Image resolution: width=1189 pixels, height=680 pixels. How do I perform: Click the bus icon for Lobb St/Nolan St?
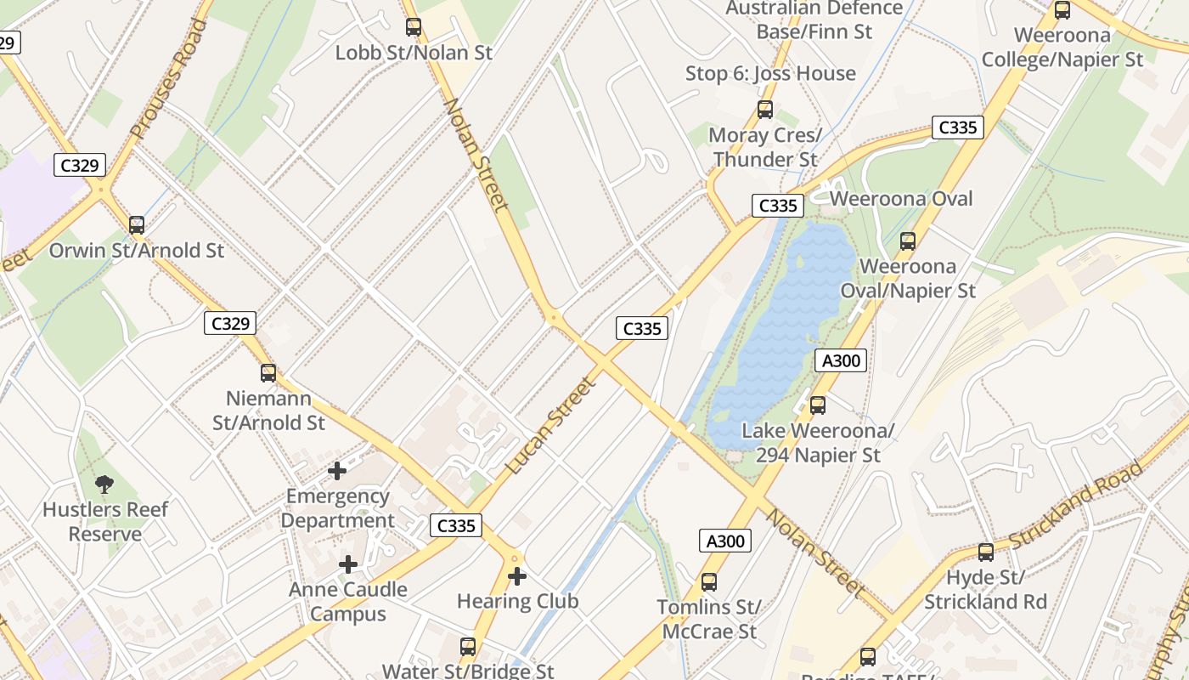pos(414,27)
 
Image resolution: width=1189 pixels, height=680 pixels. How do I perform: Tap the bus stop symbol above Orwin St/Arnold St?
pos(137,225)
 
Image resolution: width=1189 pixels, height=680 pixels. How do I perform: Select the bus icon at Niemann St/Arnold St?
pos(268,373)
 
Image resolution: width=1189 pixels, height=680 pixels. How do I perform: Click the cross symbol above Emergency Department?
pos(337,470)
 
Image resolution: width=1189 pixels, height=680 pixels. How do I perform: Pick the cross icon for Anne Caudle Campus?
pos(348,564)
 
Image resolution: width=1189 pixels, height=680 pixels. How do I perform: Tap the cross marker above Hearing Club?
pos(516,576)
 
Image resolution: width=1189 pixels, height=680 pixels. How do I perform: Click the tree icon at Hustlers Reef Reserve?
pos(104,484)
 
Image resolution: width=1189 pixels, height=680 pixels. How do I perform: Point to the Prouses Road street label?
pos(168,78)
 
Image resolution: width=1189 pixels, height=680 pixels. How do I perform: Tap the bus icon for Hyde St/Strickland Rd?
pos(985,552)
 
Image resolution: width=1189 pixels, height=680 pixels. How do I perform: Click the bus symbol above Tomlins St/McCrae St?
pos(708,582)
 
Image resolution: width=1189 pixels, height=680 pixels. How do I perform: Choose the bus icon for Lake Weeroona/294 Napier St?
pos(818,405)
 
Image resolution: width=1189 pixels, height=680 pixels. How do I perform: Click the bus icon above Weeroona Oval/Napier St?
pos(908,241)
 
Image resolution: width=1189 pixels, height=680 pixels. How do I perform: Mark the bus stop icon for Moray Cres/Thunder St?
pos(765,110)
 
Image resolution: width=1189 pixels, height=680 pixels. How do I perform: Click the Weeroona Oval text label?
pos(901,199)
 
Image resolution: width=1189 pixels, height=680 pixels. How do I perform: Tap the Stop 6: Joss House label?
pos(770,73)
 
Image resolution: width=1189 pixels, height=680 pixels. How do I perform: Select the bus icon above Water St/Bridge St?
pos(467,647)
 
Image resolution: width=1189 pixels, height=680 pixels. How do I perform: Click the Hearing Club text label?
pos(517,602)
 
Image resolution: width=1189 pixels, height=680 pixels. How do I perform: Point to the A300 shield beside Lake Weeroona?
pos(841,360)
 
